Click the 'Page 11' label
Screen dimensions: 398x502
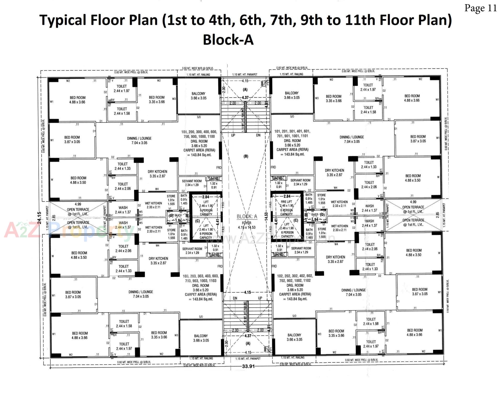click(480, 8)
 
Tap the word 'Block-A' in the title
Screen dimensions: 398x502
click(228, 40)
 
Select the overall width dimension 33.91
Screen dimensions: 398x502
click(248, 366)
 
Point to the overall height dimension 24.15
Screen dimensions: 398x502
click(39, 217)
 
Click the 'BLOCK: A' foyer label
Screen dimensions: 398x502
click(247, 216)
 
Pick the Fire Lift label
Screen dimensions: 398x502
click(287, 202)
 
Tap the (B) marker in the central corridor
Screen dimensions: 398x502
click(246, 156)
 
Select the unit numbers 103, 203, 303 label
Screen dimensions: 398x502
click(201, 278)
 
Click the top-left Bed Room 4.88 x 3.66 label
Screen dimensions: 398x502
click(77, 100)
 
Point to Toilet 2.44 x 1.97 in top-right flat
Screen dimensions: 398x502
click(368, 87)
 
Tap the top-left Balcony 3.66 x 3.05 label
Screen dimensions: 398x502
click(198, 96)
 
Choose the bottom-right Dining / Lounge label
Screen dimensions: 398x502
click(353, 292)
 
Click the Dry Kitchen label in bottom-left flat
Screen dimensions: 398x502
click(158, 261)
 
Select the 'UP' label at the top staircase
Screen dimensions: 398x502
click(233, 135)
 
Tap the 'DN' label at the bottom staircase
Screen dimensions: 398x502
click(235, 298)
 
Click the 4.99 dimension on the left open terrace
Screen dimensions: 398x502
click(78, 204)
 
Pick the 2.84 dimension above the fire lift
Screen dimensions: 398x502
click(287, 196)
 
